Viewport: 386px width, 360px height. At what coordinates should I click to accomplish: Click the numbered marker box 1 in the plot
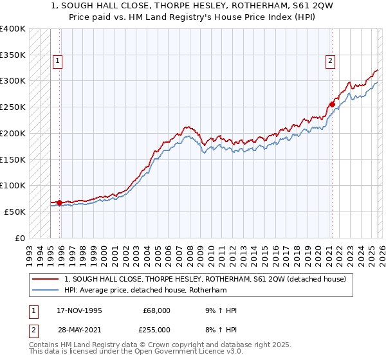point(57,61)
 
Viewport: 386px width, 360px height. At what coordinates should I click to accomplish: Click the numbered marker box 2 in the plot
point(330,61)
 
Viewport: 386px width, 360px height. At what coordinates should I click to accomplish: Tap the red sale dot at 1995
point(59,203)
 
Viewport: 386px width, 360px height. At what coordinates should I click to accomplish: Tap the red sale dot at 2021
point(332,104)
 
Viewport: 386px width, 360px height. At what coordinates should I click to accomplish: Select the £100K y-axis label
point(13,186)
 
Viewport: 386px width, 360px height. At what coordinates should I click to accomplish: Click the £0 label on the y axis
point(21,238)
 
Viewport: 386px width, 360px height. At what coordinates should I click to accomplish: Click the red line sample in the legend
point(45,279)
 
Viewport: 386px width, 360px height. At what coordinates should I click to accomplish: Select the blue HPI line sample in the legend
point(45,290)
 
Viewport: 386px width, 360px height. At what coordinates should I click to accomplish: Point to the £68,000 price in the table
point(156,310)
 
